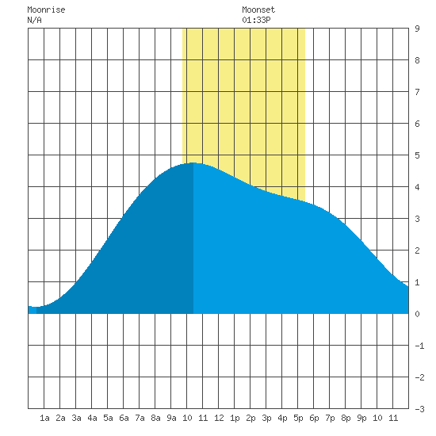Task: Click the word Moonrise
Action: pos(46,10)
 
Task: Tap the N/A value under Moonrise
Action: pos(34,20)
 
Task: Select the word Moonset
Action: pos(258,10)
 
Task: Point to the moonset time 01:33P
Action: pos(256,20)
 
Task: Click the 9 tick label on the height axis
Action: pos(417,29)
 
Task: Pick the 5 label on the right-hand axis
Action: pos(417,155)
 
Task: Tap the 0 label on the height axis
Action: pos(417,314)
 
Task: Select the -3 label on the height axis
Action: pos(419,409)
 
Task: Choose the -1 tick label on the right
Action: pos(419,346)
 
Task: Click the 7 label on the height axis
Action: pos(417,92)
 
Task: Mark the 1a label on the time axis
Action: pos(44,418)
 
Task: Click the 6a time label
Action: pos(124,418)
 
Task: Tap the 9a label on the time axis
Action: pos(171,418)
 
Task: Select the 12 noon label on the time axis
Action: pos(219,418)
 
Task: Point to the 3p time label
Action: pos(266,418)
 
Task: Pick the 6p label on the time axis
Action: pos(314,418)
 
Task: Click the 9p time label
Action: pos(361,418)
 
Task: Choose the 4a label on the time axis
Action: pos(92,418)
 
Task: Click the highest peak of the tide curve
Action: pos(193,163)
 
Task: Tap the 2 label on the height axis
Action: pos(417,251)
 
